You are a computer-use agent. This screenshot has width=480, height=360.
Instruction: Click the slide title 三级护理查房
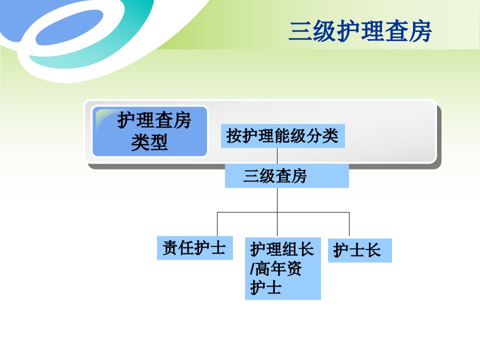point(360,31)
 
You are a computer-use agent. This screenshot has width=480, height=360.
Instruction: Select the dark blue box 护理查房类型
point(149,131)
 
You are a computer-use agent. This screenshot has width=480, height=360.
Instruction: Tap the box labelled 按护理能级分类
point(283,136)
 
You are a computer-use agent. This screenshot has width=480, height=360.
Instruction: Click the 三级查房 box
point(287,175)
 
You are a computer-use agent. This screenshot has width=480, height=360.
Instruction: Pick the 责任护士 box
point(195,248)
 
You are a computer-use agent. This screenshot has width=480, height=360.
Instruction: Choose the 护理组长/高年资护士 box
point(283,268)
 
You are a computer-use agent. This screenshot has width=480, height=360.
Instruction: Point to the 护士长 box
point(360,250)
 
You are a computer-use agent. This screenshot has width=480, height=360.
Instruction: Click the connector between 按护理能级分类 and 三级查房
point(277,156)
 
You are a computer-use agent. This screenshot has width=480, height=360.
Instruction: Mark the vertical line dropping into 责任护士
point(217,224)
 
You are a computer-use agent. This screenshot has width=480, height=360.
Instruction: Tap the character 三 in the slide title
point(300,31)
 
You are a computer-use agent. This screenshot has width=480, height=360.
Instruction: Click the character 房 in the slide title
point(420,31)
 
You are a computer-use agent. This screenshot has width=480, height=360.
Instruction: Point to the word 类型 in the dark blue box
point(149,142)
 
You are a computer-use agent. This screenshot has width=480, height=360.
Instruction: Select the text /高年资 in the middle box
point(276,268)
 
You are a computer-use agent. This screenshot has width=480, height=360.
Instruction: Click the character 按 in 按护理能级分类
point(234,136)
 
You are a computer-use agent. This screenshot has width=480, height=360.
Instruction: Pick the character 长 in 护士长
point(373,250)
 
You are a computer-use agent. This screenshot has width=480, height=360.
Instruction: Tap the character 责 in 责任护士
point(170,248)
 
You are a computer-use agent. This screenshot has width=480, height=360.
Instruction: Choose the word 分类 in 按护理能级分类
point(322,136)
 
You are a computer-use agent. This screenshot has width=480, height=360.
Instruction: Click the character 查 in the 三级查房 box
point(283,176)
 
